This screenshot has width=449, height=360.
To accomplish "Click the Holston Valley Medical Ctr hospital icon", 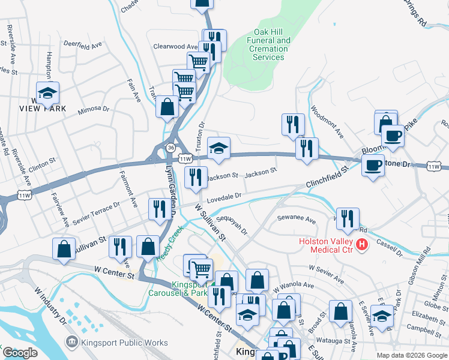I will click(x=361, y=245).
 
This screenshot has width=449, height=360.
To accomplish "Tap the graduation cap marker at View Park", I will click(x=47, y=93).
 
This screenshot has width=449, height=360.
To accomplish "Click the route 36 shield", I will click(x=171, y=147).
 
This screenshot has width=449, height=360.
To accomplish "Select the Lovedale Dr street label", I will click(x=223, y=196).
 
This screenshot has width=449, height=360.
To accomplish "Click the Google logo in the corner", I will click(x=20, y=353).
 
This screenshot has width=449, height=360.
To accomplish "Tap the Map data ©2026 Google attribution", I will click(x=411, y=355).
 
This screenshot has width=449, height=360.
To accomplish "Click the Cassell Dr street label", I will click(x=389, y=247).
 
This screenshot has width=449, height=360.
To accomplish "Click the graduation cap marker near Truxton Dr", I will click(x=218, y=149).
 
